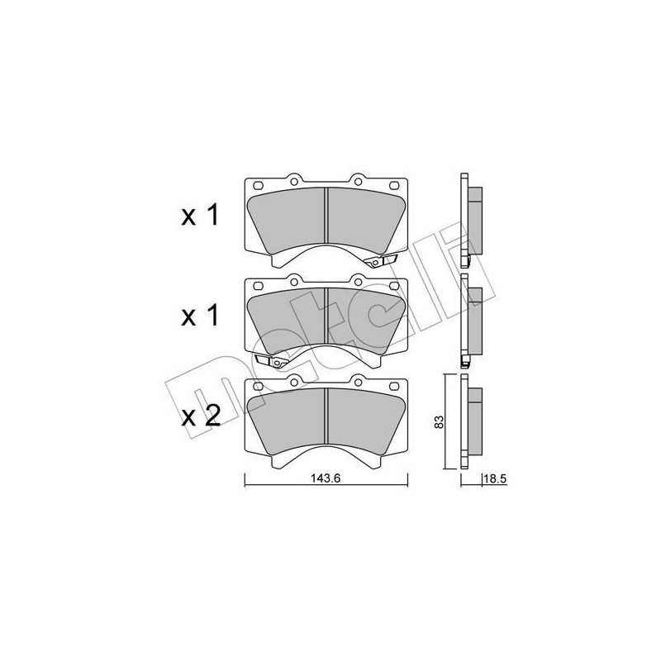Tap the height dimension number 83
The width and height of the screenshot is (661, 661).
click(440, 421)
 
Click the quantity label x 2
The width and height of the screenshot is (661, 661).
click(200, 415)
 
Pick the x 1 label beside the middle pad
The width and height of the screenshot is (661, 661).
click(200, 316)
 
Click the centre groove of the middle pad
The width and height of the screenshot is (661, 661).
click(327, 318)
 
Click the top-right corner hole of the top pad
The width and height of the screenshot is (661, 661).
click(395, 184)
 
